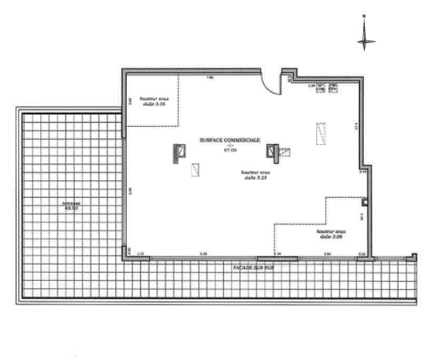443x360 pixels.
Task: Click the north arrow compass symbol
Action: (x=366, y=33)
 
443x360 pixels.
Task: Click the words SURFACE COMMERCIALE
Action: (x=230, y=140)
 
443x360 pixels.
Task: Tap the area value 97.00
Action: (x=230, y=151)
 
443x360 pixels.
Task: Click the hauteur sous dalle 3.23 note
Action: (x=255, y=175)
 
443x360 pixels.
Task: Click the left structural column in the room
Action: (x=178, y=152)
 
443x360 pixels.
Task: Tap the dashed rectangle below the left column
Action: (x=195, y=169)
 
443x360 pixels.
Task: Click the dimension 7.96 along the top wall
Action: (x=209, y=77)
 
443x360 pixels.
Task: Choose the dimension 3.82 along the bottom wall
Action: (x=327, y=255)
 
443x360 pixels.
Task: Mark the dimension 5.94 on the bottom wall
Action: (x=277, y=255)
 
